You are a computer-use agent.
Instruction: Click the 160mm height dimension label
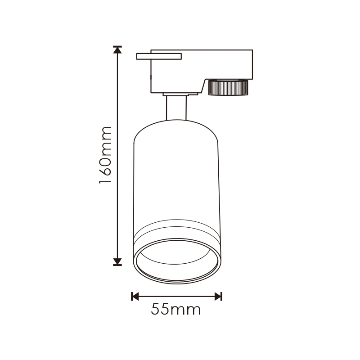(105, 155)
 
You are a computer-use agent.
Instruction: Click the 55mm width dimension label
(176, 309)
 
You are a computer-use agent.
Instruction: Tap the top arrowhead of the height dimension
(117, 49)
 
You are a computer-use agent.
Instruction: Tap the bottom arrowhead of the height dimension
(117, 262)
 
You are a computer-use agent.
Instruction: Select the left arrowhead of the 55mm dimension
(135, 297)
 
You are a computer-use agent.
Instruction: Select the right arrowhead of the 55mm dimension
(218, 297)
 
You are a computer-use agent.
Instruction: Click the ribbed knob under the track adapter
(228, 87)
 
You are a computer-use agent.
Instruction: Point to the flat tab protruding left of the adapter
(159, 56)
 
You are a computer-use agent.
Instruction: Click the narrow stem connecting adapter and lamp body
(176, 108)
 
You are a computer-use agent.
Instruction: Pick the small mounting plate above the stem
(180, 94)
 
